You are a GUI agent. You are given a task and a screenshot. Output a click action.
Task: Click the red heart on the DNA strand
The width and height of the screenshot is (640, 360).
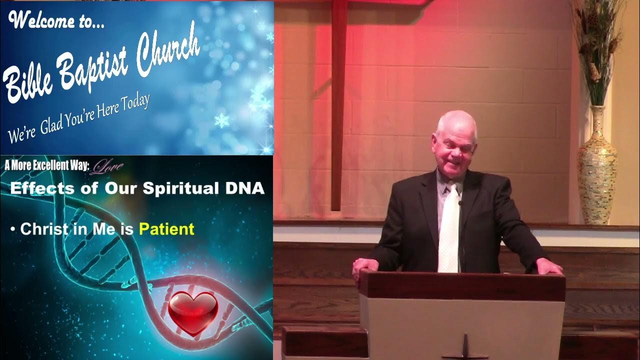pyautogui.click(x=192, y=313)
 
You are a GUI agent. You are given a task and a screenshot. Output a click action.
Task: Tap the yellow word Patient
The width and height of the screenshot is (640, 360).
pyautogui.click(x=166, y=229)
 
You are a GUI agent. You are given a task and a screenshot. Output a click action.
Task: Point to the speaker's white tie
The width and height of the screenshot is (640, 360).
pyautogui.click(x=448, y=230)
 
